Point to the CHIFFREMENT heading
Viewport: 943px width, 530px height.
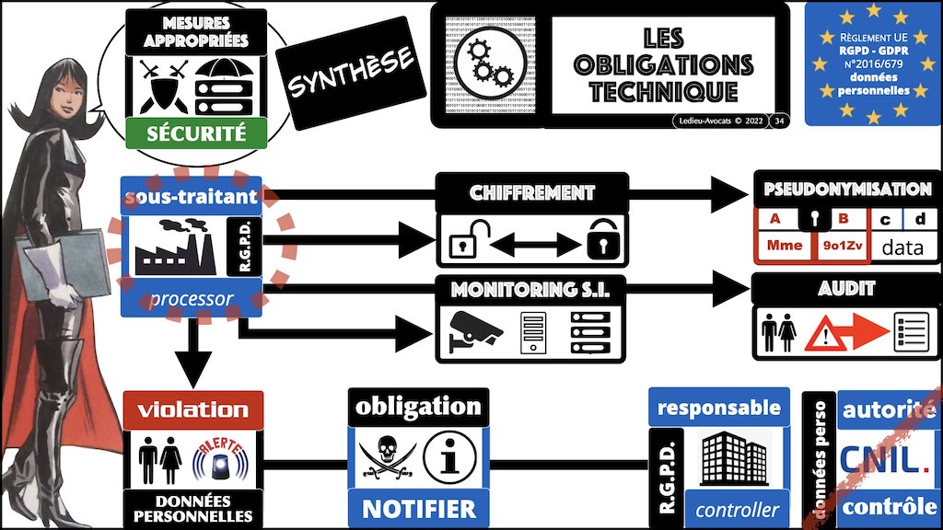coord(531,193)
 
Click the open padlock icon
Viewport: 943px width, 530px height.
coord(464,244)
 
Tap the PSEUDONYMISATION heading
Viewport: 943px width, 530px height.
coord(847,190)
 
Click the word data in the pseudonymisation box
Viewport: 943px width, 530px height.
coord(902,247)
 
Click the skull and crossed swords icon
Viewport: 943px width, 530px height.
coord(386,459)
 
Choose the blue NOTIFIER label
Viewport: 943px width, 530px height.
coord(418,508)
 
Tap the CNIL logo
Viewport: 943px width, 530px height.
coord(886,459)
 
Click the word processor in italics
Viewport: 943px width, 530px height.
coord(191,299)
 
